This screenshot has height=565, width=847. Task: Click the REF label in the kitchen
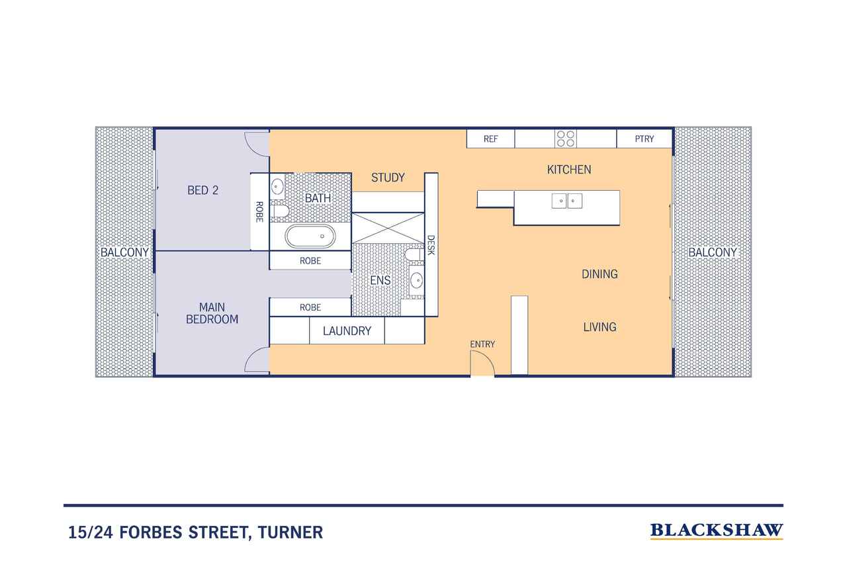490,139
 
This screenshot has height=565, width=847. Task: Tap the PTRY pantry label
645,139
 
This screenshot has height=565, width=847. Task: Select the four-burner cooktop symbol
566,138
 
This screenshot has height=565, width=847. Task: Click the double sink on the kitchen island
567,201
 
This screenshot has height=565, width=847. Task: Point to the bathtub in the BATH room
310,236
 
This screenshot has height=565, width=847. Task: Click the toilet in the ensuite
414,254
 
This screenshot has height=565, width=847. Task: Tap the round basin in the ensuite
416,281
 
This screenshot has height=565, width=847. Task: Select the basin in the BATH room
277,187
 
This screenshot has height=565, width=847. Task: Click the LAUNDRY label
347,331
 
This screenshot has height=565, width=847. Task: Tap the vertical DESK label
431,245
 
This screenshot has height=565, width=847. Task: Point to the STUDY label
388,178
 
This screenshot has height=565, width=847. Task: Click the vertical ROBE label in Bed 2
259,212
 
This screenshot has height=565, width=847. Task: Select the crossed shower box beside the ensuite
388,229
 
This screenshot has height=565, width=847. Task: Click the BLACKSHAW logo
717,531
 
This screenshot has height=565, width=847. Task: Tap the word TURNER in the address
290,533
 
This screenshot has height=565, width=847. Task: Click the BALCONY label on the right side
713,252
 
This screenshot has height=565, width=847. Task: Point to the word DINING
600,274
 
